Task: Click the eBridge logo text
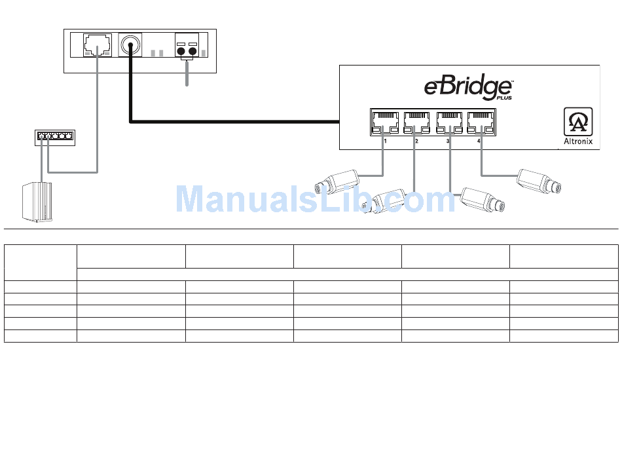[x=467, y=88]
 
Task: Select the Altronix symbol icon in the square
[x=578, y=122]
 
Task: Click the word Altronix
[x=578, y=141]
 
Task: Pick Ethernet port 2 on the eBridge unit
[x=416, y=122]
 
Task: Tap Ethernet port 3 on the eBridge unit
[x=448, y=122]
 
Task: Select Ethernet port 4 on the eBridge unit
[x=481, y=122]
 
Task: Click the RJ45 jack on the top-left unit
[x=98, y=45]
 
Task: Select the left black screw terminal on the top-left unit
[x=181, y=51]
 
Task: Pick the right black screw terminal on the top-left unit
[x=193, y=51]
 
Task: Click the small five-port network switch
[x=56, y=138]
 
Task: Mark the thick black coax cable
[x=229, y=121]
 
